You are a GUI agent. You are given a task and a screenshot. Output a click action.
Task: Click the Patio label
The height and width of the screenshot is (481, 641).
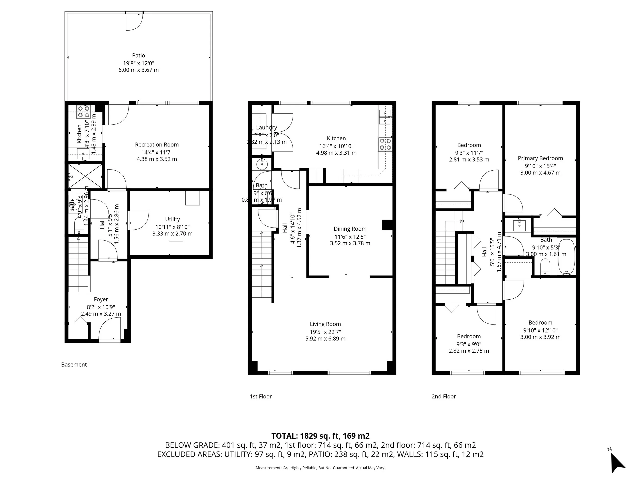(x=138, y=55)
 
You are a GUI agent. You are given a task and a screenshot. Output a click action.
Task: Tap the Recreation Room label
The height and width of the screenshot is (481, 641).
(x=157, y=144)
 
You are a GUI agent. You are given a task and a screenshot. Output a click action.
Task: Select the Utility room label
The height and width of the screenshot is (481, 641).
(x=172, y=219)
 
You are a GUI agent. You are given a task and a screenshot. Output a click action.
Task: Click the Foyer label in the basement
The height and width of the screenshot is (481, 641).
(x=101, y=299)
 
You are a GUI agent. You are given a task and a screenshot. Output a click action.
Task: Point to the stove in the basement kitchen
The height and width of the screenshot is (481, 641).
(x=84, y=112)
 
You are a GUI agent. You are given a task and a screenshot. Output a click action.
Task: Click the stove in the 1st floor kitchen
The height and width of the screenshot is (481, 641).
(x=385, y=144)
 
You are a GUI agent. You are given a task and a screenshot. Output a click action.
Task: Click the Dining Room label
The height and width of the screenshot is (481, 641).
(x=350, y=229)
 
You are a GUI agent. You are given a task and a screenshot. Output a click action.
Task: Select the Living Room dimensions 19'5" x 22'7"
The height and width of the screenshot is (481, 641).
(x=325, y=332)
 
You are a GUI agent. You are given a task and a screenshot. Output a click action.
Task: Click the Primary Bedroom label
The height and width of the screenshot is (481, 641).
(x=540, y=158)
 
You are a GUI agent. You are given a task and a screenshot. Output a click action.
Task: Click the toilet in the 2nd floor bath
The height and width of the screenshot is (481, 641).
(x=545, y=266)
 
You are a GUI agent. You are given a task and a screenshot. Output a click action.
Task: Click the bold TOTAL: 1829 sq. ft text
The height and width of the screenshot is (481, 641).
(x=320, y=436)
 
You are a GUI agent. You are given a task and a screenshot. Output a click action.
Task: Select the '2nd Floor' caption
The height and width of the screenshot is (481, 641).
(x=443, y=396)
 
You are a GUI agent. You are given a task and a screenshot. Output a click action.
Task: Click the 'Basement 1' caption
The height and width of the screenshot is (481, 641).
(x=76, y=365)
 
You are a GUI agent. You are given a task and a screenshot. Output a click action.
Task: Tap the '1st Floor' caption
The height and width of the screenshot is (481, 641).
(x=261, y=396)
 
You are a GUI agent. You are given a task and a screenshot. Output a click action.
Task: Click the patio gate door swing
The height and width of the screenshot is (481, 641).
(x=134, y=22)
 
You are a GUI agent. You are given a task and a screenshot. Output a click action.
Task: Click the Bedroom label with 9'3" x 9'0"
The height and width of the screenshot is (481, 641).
(x=469, y=336)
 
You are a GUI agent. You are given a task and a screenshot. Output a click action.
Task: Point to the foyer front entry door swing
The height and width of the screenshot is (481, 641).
(x=110, y=328)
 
